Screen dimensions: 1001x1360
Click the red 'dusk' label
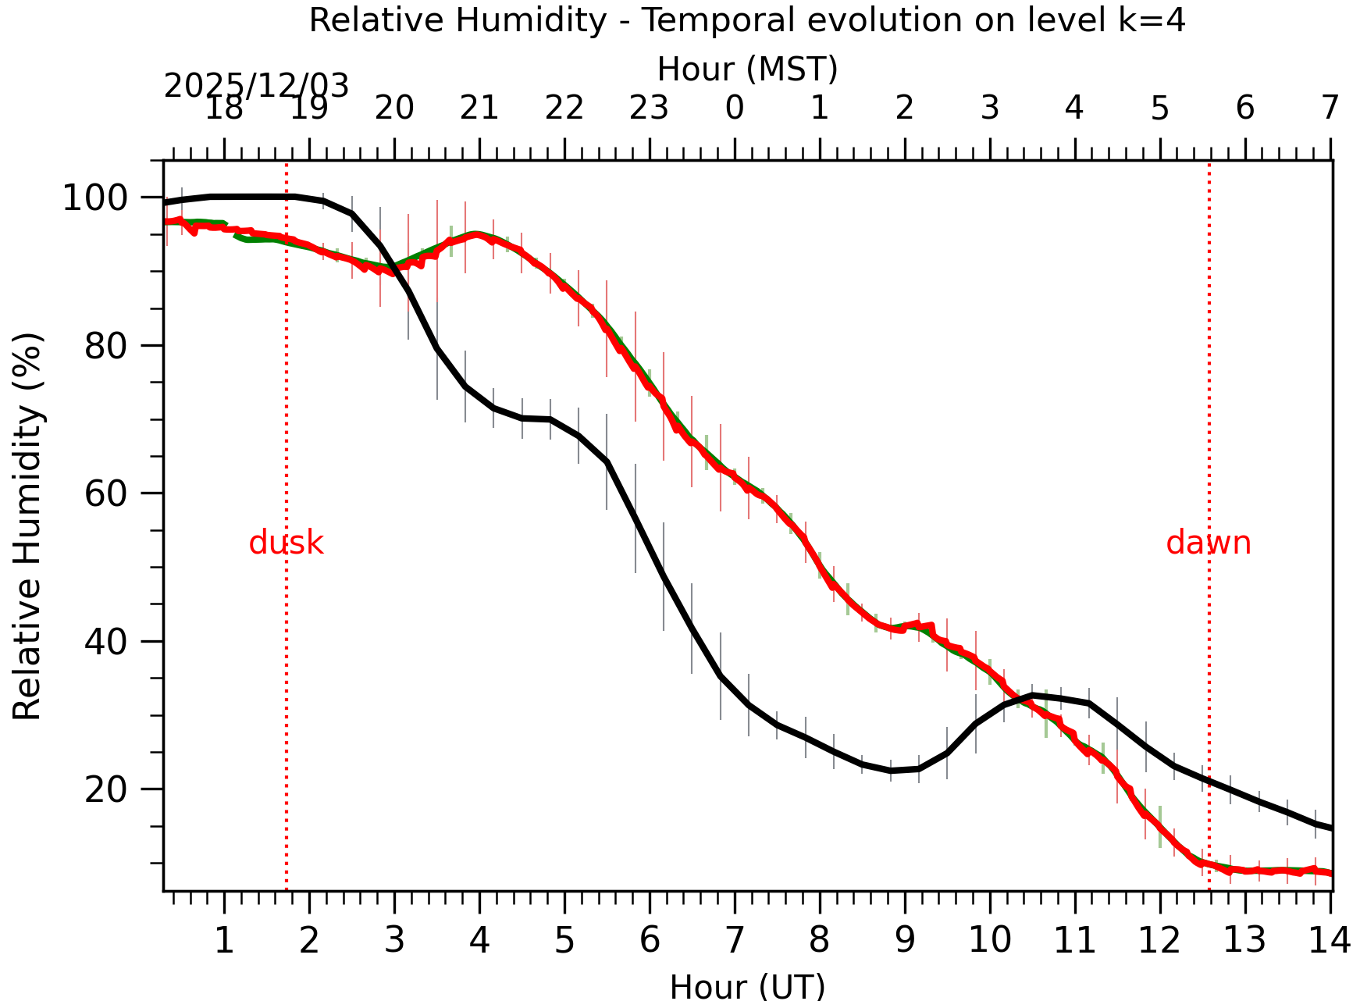(286, 543)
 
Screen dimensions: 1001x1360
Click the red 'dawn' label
(1208, 543)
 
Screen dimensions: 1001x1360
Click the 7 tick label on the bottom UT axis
(735, 941)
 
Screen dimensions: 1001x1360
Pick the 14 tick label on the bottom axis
(1329, 941)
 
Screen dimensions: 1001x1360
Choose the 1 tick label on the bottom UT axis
(224, 941)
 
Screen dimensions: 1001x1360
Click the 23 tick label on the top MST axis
(649, 109)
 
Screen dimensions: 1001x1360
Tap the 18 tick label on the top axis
(224, 109)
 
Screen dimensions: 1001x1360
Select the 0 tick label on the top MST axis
(735, 109)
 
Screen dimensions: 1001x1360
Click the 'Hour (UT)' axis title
(747, 986)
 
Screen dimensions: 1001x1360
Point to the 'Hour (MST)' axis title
(747, 69)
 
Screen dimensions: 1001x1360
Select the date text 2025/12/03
(256, 86)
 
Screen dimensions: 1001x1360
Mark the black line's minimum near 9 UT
(891, 771)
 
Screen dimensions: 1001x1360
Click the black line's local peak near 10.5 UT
(1032, 694)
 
